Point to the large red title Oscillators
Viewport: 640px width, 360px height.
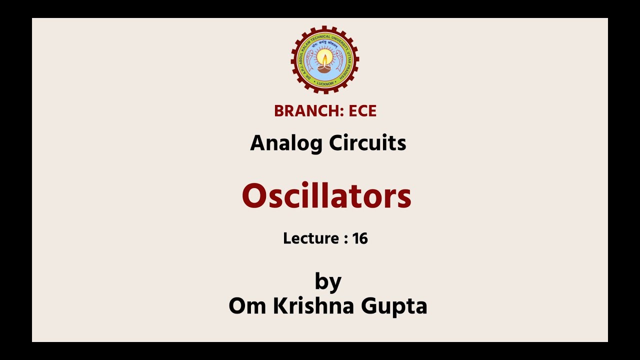tap(326, 196)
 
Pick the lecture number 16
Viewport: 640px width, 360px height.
tap(360, 238)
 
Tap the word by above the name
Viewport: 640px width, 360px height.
tap(328, 281)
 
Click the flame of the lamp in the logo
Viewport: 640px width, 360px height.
tap(325, 59)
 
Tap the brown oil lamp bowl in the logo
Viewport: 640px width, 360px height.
tap(325, 69)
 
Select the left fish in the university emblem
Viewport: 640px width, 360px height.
tap(309, 60)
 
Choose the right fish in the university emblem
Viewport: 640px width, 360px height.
tap(340, 60)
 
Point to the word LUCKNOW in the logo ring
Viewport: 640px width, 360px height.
tap(325, 83)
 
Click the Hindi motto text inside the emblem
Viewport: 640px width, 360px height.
tap(325, 44)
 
